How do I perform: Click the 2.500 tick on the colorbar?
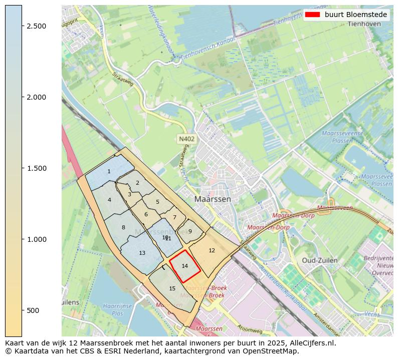[x=23, y=26]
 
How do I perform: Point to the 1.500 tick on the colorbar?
[x=23, y=168]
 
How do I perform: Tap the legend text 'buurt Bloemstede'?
[x=356, y=15]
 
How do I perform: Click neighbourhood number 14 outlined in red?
[x=184, y=266]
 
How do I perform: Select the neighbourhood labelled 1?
[x=109, y=172]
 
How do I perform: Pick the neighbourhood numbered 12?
[x=212, y=250]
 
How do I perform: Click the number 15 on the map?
[x=172, y=288]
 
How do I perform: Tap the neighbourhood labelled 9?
[x=190, y=231]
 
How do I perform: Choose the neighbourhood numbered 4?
[x=109, y=200]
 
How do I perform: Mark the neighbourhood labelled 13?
[x=142, y=253]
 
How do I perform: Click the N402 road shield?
[x=185, y=139]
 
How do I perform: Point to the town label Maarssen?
[x=213, y=199]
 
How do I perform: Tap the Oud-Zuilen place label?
[x=320, y=260]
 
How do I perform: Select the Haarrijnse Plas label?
[x=113, y=309]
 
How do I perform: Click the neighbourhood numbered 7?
[x=174, y=217]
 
